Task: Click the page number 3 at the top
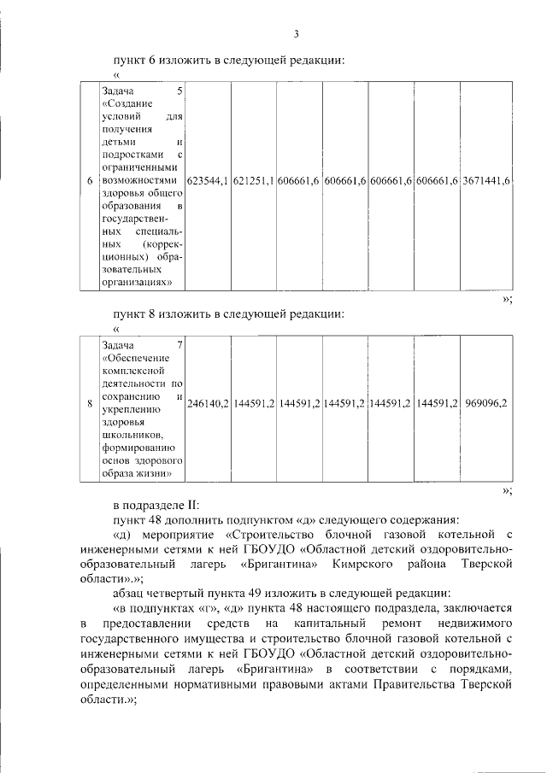pyautogui.click(x=296, y=35)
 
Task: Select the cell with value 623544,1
pyautogui.click(x=208, y=182)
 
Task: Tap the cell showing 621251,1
pyautogui.click(x=253, y=182)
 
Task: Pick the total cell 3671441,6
pyautogui.click(x=485, y=182)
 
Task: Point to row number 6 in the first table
pyautogui.click(x=90, y=182)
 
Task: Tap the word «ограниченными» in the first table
pyautogui.click(x=140, y=168)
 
